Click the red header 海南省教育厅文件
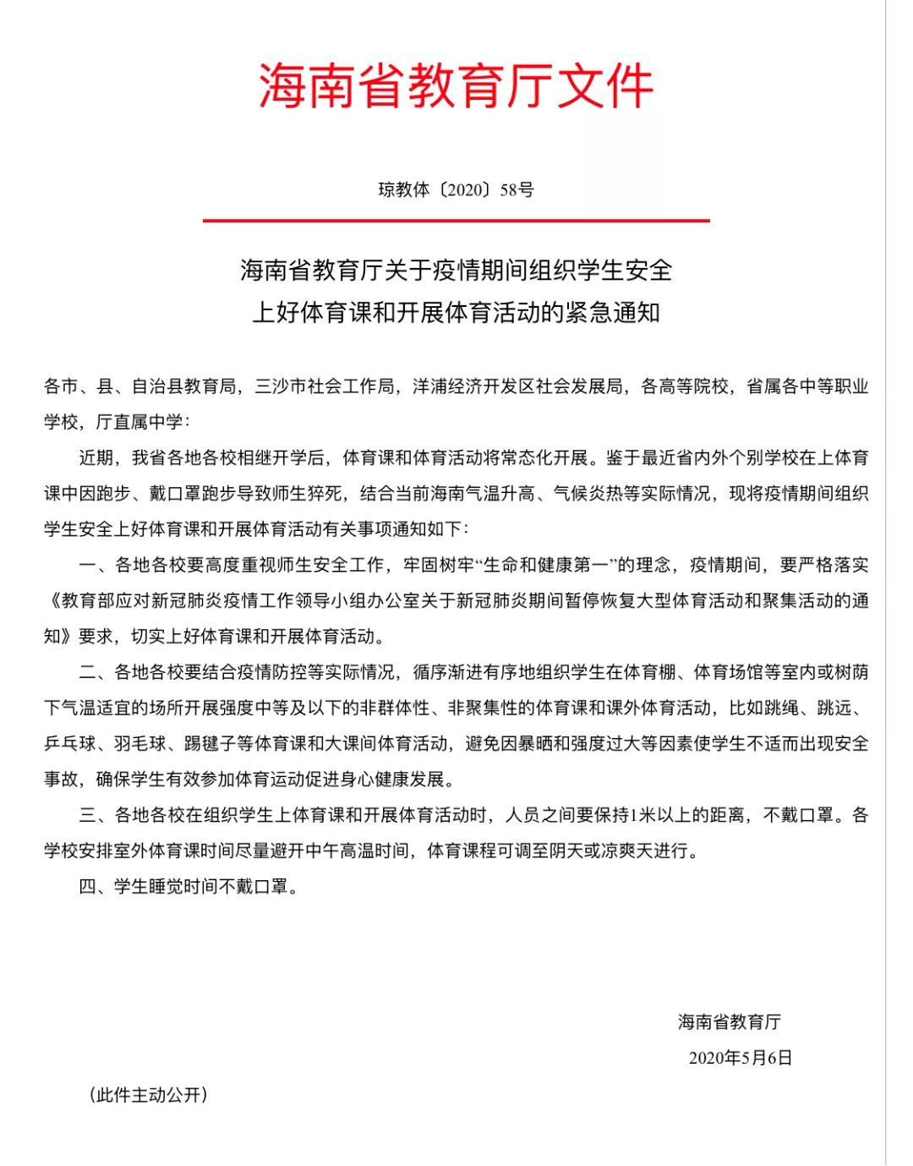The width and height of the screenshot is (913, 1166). [456, 85]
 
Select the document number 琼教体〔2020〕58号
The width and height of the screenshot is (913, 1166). [456, 189]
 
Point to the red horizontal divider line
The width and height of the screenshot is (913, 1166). [456, 221]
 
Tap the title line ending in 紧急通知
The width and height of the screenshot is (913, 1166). [456, 313]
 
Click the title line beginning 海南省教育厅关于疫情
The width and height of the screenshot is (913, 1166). [456, 271]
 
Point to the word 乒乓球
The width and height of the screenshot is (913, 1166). [70, 743]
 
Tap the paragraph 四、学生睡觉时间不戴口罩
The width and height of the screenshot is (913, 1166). [189, 887]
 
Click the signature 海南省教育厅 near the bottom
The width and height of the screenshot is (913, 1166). [729, 1021]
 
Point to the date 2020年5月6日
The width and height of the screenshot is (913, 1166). [741, 1058]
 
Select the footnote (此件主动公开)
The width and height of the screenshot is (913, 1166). [148, 1095]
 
